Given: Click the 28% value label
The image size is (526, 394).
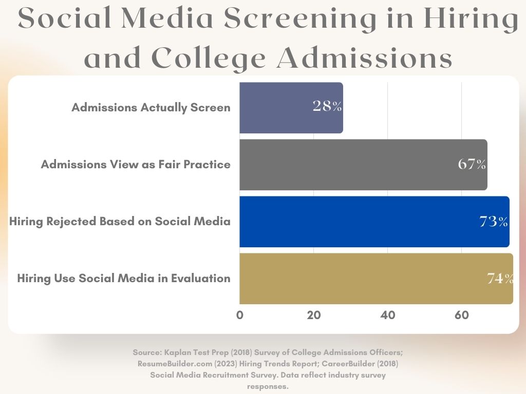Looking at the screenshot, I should (327, 107).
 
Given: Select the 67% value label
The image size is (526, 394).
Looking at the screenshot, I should (472, 164).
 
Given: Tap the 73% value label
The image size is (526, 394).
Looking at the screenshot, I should (494, 222).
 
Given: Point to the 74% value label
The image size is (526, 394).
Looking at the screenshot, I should (500, 279).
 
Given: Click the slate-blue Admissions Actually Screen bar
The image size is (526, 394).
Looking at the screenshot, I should (277, 108).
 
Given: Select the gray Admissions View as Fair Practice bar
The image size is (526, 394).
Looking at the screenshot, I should (349, 165).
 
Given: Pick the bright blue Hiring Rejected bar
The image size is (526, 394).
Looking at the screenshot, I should (360, 222).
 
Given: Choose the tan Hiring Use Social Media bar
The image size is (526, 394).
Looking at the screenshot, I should (360, 279).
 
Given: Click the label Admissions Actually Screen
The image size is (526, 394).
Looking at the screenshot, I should (151, 108).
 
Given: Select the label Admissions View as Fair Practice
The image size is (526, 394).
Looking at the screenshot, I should (136, 165).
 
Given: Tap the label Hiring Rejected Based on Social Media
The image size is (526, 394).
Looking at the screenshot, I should (120, 222).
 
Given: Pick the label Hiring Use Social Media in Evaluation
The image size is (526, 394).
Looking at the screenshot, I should (124, 279).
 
